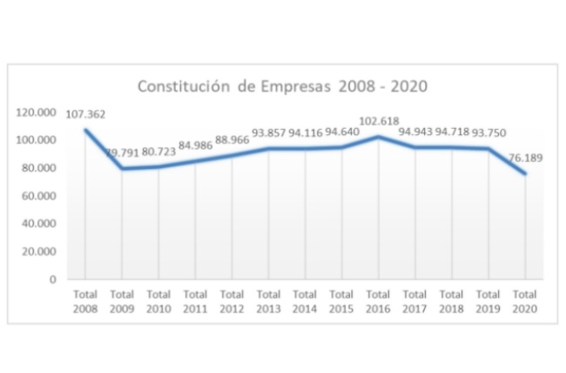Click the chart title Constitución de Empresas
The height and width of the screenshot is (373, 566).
point(283,87)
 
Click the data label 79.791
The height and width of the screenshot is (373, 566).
point(123,154)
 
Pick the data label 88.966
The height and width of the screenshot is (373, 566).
point(232,140)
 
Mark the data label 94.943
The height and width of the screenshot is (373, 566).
point(414,132)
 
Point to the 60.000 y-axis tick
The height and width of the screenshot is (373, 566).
point(39,196)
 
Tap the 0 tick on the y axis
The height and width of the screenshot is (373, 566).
point(53,280)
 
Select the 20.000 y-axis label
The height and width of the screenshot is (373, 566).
point(39,252)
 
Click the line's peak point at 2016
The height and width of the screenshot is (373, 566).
point(378,137)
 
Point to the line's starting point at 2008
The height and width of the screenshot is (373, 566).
point(86,130)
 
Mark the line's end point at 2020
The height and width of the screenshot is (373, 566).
point(524,173)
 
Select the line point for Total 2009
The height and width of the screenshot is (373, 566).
point(123,168)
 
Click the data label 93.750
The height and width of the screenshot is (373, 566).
point(488,132)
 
